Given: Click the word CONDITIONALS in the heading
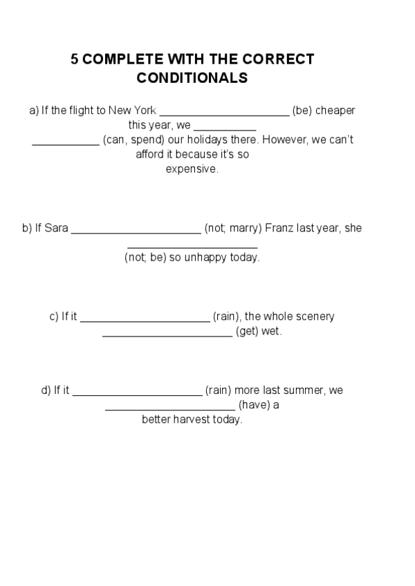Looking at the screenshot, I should coord(192,78).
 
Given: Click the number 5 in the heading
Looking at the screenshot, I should coord(74,59).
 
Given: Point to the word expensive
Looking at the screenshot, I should coord(191,169).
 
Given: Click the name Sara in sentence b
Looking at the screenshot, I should coord(56,228).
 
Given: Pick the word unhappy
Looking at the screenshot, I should coord(207,258).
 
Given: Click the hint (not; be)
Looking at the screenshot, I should coord(145,258).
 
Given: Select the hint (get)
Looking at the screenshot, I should coord(247,332).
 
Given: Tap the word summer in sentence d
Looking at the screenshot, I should coord(306,390).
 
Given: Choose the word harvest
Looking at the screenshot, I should coord(199,420).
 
